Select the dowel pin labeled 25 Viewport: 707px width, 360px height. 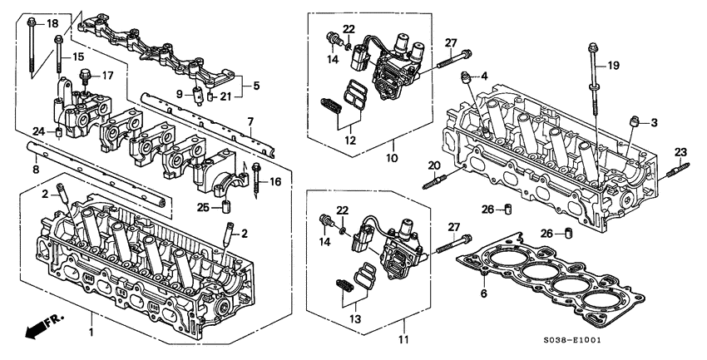pos(225,206)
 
